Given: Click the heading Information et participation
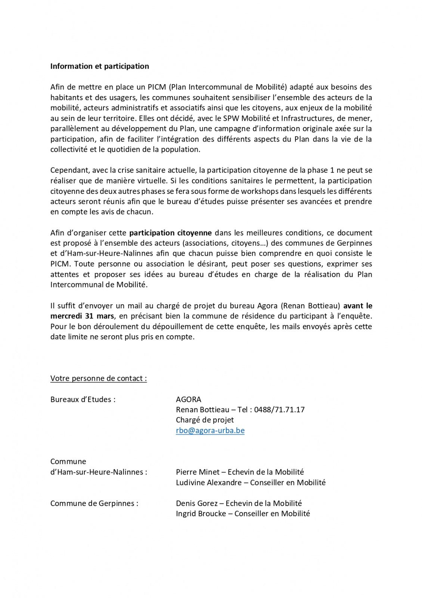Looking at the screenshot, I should point(99,66).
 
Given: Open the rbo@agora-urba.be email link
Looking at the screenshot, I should point(210,430).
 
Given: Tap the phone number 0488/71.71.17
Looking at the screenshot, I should point(279,409).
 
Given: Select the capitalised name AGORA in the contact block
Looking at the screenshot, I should point(188,399).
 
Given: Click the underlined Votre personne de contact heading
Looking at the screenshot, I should point(98,378).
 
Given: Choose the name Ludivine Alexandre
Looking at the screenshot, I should point(208,482).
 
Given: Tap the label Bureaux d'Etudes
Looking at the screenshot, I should point(83,399).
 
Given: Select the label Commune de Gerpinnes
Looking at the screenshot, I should point(94,503).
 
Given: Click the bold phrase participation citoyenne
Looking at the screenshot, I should point(170,233).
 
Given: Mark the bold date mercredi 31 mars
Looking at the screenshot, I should point(82,316).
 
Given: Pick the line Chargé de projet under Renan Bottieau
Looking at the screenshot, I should point(205,420).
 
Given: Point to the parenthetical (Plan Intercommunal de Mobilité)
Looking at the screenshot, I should point(228,87).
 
